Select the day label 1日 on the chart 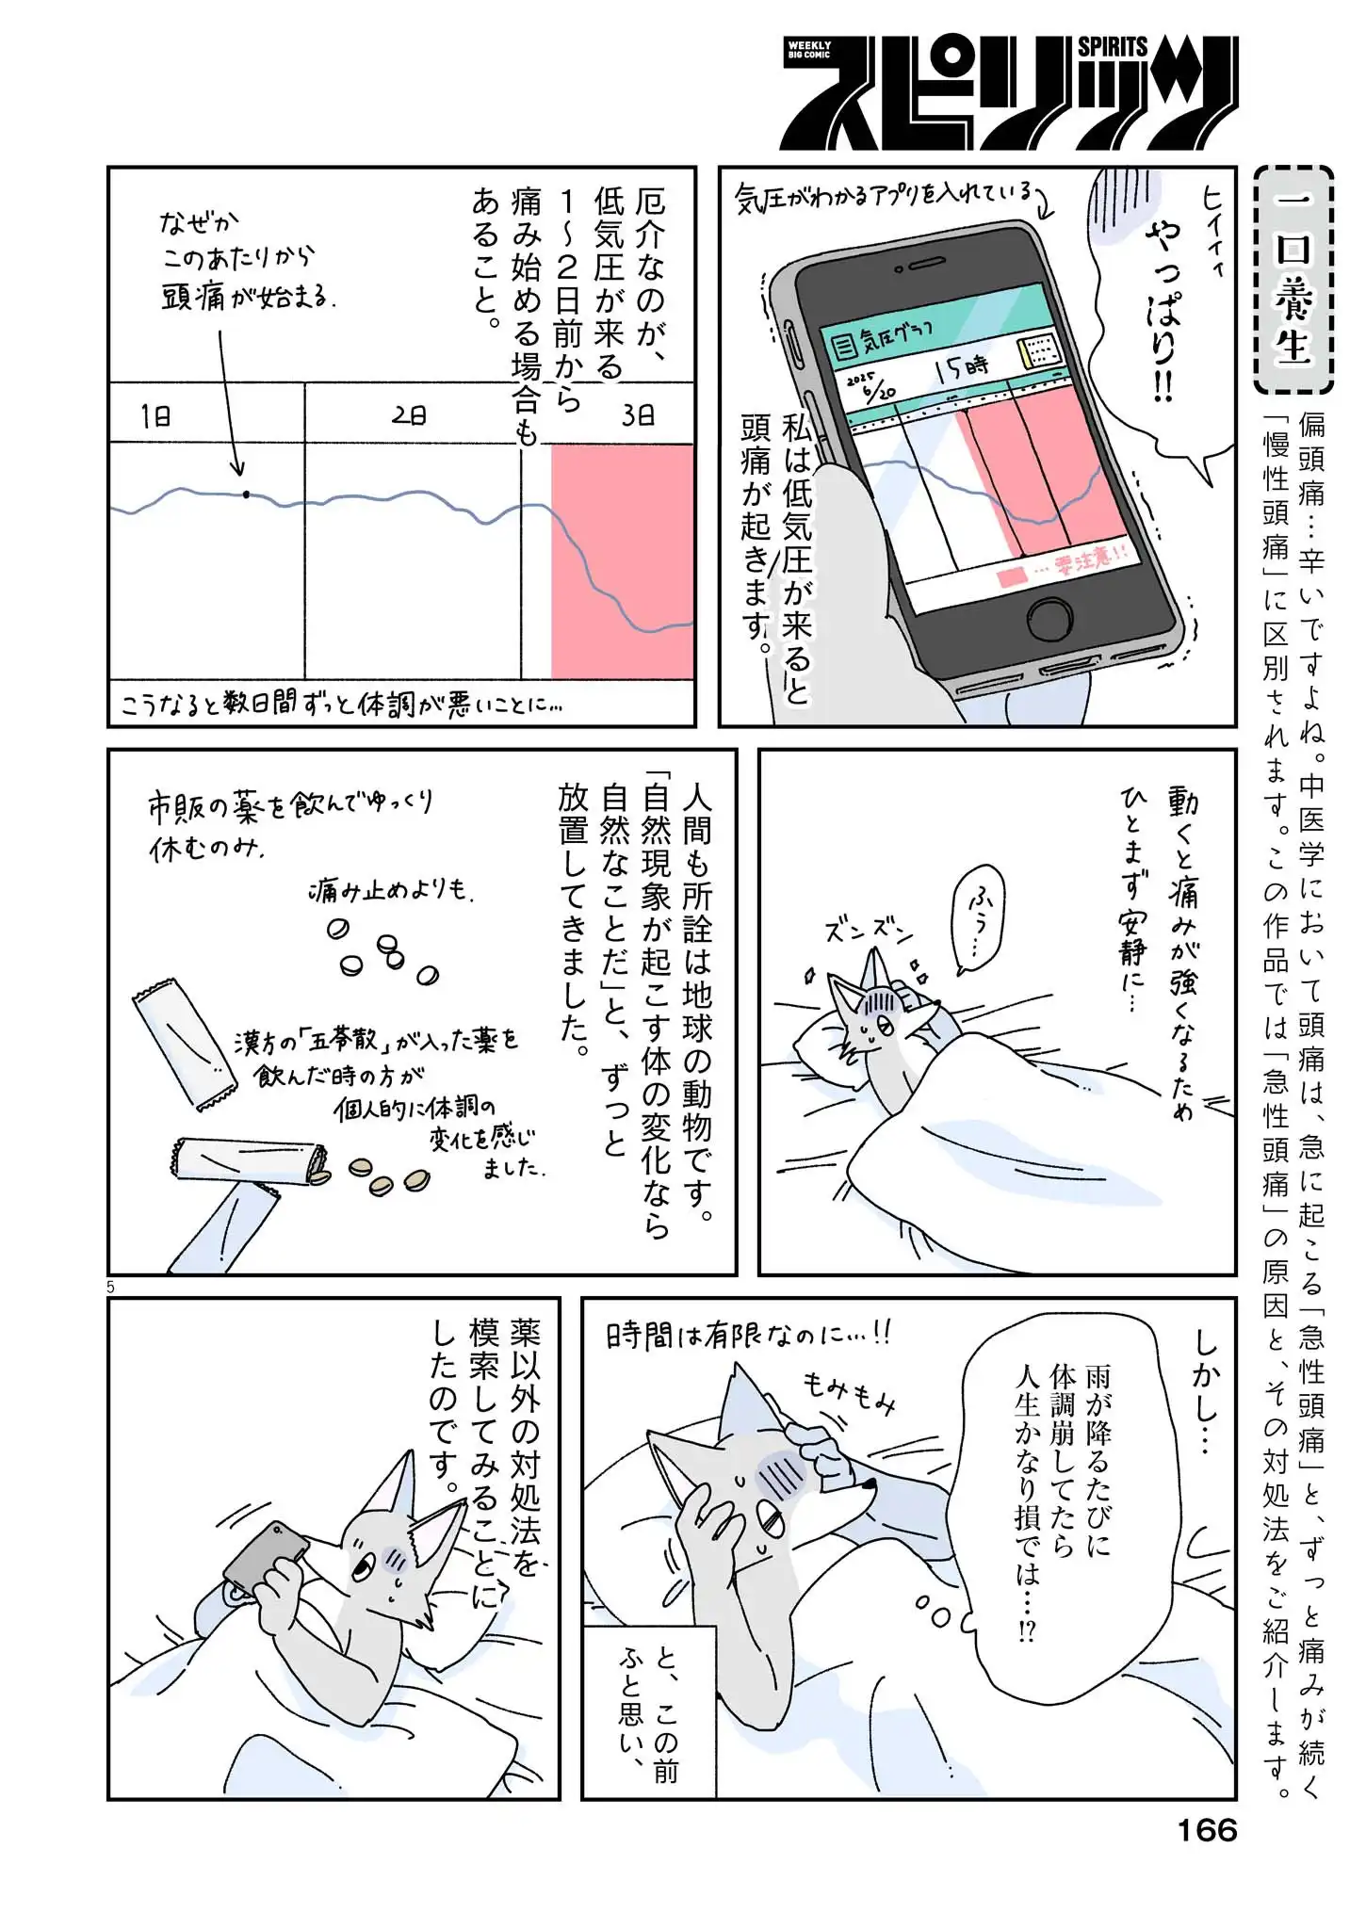coord(156,415)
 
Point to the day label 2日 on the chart coord(409,415)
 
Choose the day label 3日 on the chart coord(638,415)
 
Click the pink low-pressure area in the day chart coord(623,561)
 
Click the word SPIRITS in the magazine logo coord(1113,47)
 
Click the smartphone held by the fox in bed coord(264,1556)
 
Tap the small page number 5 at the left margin coord(110,1287)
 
